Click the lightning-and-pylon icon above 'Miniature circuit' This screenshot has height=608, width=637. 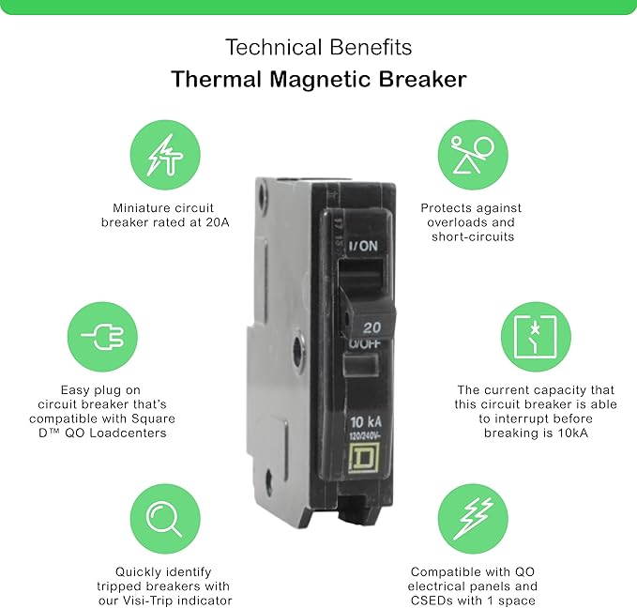click(x=165, y=155)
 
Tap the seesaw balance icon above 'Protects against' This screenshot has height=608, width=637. click(x=473, y=155)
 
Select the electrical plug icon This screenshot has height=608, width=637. click(x=103, y=337)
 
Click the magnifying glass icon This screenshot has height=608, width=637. click(x=164, y=520)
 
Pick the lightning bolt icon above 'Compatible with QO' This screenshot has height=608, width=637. click(x=473, y=519)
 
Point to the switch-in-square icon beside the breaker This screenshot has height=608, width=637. click(x=536, y=337)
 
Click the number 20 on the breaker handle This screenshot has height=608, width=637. click(x=372, y=327)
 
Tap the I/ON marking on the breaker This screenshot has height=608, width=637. click(x=363, y=246)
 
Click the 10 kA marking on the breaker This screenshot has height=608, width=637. click(x=366, y=422)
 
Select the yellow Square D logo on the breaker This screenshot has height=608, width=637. click(x=364, y=458)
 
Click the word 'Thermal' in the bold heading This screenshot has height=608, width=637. click(x=216, y=79)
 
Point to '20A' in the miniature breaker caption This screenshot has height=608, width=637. click(x=218, y=222)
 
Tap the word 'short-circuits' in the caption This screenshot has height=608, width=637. click(x=473, y=236)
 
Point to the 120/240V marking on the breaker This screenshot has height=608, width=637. click(x=365, y=436)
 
